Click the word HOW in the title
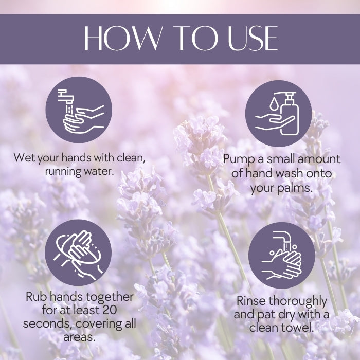click(x=122, y=38)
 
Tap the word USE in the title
click(x=253, y=38)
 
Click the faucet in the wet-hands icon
click(x=66, y=96)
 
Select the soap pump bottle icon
click(x=289, y=114)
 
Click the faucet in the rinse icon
click(x=283, y=239)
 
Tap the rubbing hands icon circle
click(x=78, y=253)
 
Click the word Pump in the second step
click(x=239, y=159)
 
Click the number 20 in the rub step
click(x=109, y=310)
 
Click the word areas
click(x=79, y=337)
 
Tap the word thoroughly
click(x=298, y=302)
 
